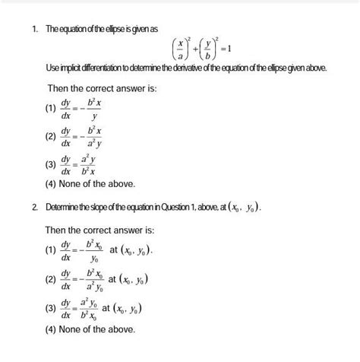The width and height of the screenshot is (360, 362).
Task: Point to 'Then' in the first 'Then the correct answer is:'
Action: (60, 89)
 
